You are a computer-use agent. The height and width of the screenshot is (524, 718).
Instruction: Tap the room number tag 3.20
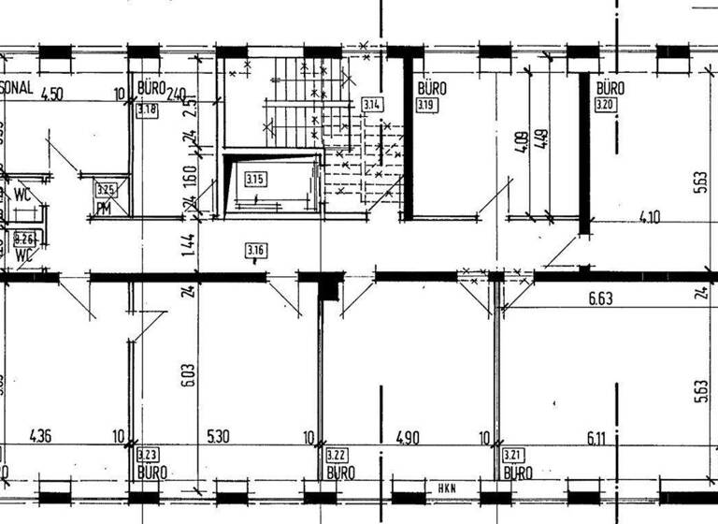[607, 106]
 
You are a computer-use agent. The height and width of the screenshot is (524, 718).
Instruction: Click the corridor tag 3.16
[256, 250]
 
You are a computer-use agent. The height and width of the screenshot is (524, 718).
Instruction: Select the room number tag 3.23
[148, 456]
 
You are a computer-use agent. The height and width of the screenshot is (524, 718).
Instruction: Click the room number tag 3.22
[337, 456]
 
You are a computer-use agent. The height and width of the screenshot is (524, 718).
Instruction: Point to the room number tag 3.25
[105, 190]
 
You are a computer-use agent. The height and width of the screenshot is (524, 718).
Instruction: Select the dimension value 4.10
[650, 217]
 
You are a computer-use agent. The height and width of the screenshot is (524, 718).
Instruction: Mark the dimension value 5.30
[216, 436]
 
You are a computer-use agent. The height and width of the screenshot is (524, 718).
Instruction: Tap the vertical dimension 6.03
[188, 373]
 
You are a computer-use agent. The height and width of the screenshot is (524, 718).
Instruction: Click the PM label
[105, 208]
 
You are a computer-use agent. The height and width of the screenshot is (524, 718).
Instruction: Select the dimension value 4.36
[42, 436]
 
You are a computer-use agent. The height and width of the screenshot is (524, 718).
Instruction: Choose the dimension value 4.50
[52, 93]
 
